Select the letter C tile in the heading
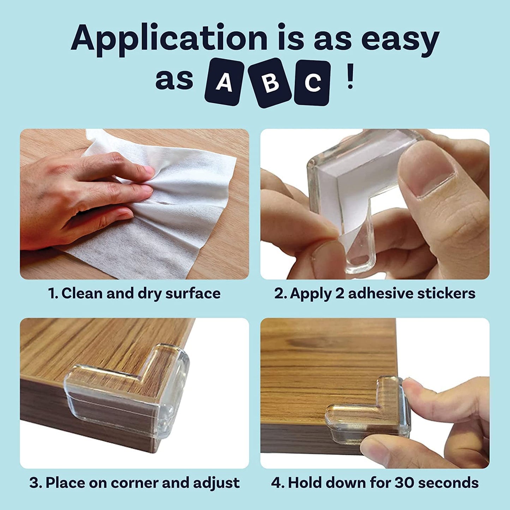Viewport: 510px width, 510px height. pyautogui.click(x=312, y=83)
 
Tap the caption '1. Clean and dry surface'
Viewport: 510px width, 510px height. pyautogui.click(x=134, y=293)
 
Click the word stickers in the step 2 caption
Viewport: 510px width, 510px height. pyautogui.click(x=447, y=293)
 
